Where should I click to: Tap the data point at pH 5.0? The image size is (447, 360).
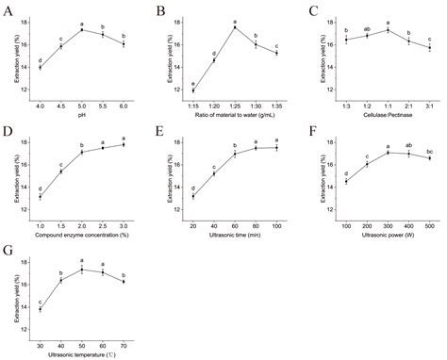pos(81,30)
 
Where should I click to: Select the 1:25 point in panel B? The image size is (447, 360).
pos(234,27)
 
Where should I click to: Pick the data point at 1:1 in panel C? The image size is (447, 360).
pos(387,30)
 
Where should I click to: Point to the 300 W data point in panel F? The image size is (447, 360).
pos(387,152)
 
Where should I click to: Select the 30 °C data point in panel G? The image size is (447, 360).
pos(40,308)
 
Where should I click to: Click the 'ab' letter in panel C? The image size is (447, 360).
pos(366,28)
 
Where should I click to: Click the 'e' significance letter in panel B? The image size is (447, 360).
pos(193,84)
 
